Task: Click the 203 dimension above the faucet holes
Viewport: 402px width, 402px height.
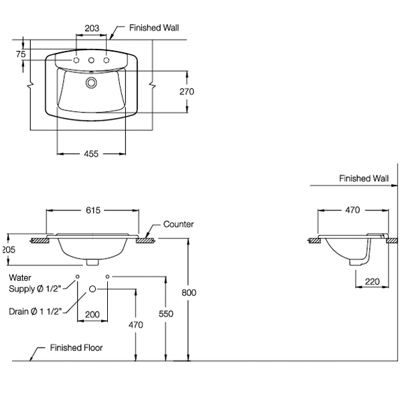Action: (92, 28)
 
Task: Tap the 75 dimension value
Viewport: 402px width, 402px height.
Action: (21, 54)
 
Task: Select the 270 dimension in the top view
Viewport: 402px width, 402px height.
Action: (187, 92)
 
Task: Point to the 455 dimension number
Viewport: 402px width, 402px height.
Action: (91, 154)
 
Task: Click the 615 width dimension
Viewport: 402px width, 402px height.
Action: (93, 210)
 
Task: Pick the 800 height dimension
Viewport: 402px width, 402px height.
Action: (189, 293)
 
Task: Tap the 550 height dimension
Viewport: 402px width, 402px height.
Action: (166, 314)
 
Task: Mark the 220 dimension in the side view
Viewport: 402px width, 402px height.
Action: (372, 282)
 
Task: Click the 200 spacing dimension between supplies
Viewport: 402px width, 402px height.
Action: (92, 315)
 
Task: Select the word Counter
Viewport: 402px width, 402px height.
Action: (178, 224)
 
